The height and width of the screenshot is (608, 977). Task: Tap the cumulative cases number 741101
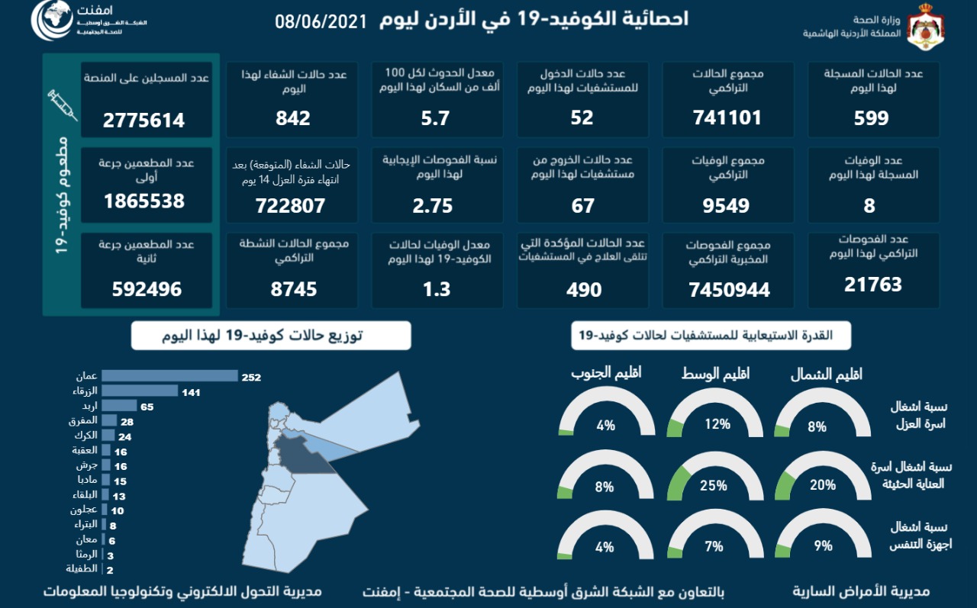pos(726,117)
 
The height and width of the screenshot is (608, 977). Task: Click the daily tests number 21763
pos(873,285)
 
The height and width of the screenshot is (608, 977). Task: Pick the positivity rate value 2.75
pos(432,206)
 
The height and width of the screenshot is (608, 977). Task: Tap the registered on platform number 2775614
pos(144,120)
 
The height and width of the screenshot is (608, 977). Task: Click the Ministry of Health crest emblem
pos(925,27)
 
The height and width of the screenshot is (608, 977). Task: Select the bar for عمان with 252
pos(169,375)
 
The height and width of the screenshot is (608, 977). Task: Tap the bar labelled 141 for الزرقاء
pos(140,391)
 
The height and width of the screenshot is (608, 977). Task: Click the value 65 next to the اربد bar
pos(147,407)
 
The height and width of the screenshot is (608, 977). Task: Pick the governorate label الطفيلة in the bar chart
pos(81,569)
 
